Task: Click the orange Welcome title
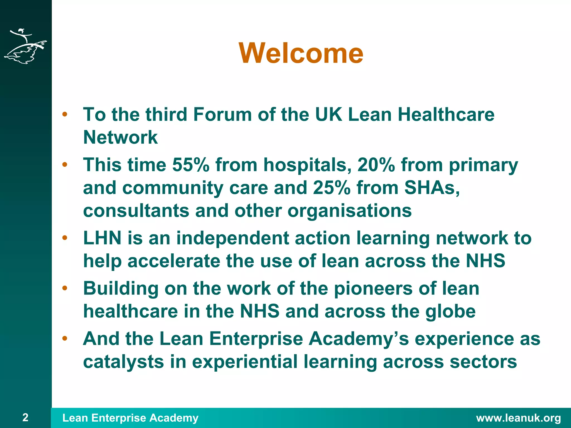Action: [301, 53]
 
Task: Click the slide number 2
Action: [25, 417]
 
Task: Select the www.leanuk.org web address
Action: [518, 418]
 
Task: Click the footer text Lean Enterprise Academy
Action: [130, 418]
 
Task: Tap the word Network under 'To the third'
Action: [120, 137]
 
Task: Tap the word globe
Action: [450, 311]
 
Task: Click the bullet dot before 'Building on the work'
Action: [65, 288]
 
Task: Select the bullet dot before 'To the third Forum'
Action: [65, 114]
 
